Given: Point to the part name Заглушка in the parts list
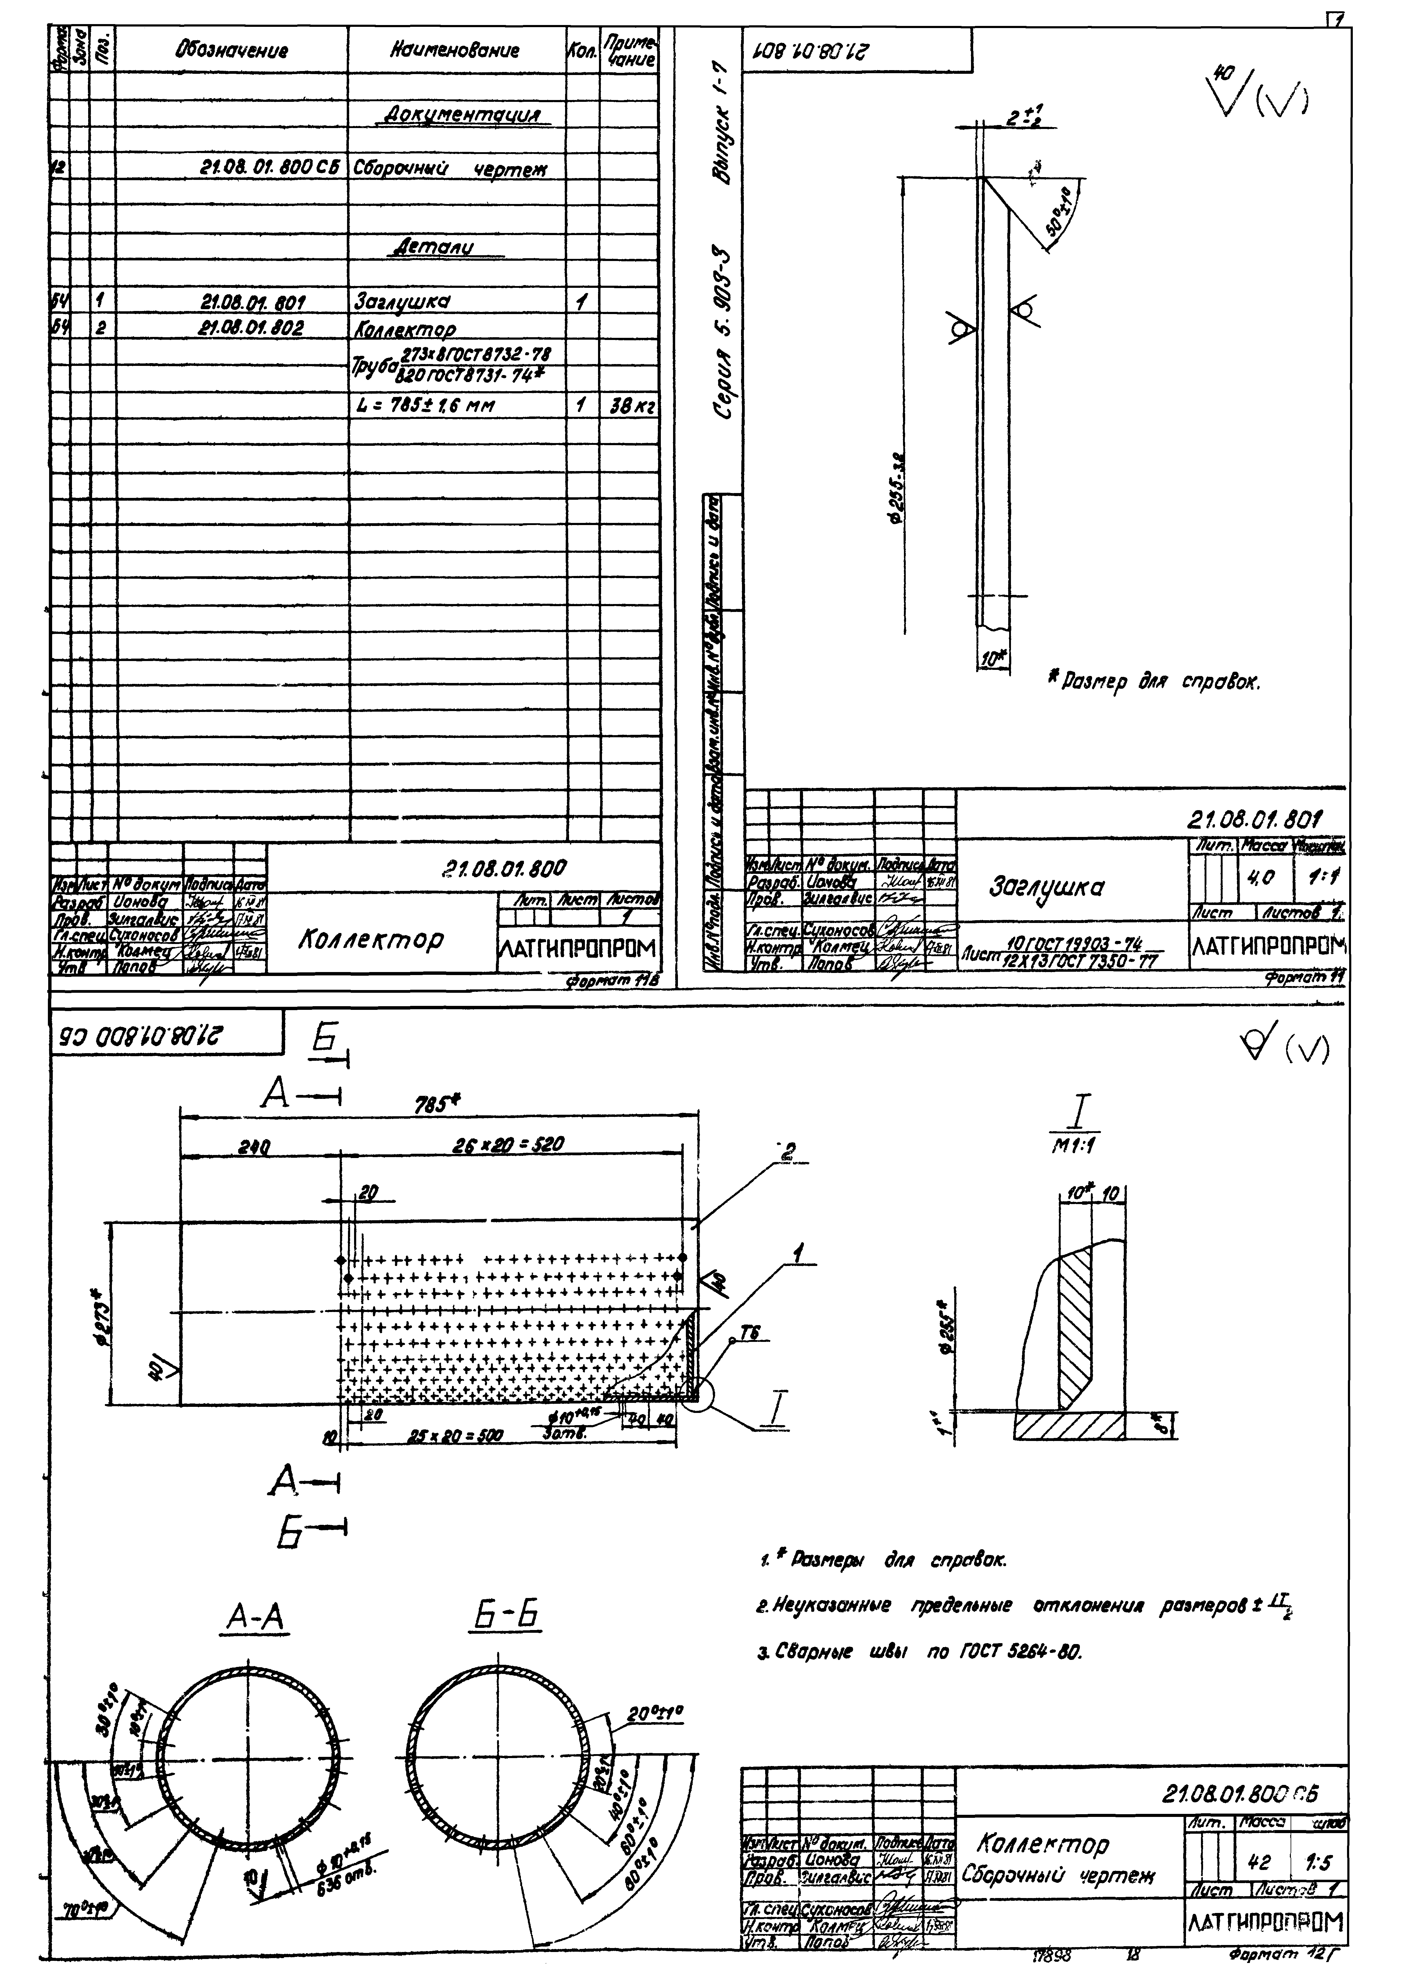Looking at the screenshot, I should (x=402, y=302).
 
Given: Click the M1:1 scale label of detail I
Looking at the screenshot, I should (x=1079, y=1145).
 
